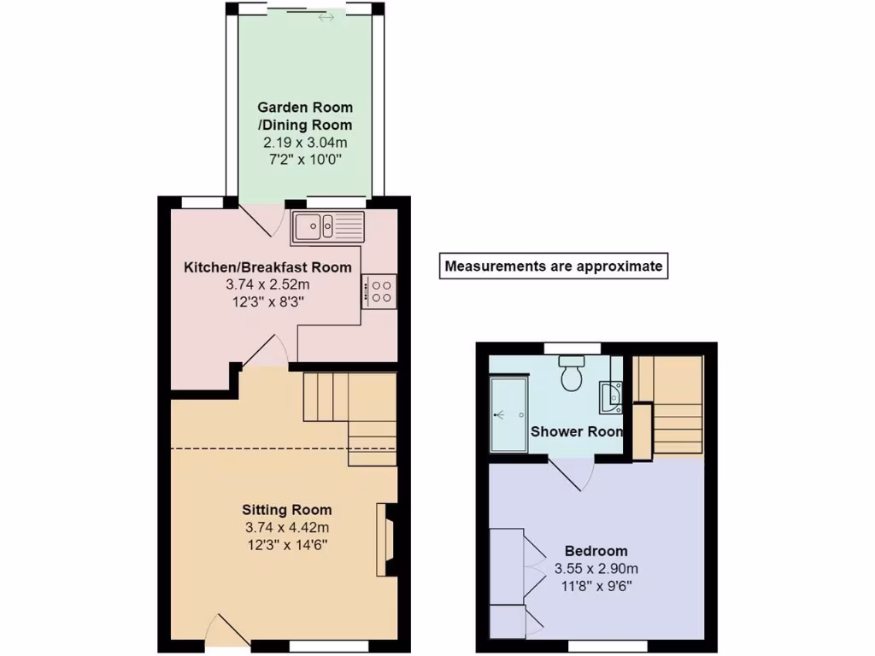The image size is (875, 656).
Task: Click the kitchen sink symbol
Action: tap(328, 227)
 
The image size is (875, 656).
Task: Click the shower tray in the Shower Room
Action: tap(509, 414)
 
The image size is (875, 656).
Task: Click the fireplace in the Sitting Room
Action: tap(387, 540)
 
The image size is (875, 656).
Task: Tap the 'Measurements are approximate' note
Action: tap(553, 266)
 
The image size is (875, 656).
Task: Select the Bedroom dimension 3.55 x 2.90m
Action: tap(596, 568)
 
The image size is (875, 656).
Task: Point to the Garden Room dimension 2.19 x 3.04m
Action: tap(305, 142)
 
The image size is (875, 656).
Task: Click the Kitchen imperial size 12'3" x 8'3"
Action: tap(267, 301)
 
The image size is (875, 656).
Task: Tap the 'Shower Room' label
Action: tap(577, 431)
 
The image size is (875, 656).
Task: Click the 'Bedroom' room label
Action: tap(596, 551)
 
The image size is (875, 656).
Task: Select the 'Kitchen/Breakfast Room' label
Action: tap(267, 267)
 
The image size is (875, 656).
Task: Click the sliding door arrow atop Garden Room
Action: tap(326, 17)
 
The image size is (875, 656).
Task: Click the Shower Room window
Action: tap(572, 348)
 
